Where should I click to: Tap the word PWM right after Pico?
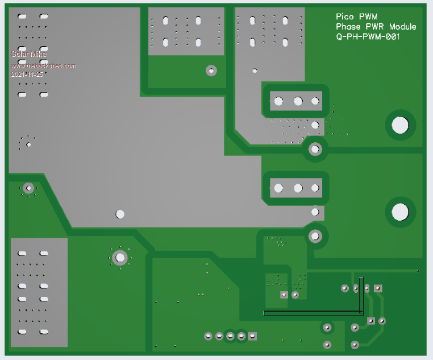(x=368, y=17)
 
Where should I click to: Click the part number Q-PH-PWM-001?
(x=368, y=36)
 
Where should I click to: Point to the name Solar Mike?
(x=28, y=54)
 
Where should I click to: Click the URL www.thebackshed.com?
(x=43, y=66)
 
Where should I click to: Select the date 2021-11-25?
(x=27, y=74)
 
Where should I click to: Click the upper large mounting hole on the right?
(x=400, y=125)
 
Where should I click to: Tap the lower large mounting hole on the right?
(x=400, y=212)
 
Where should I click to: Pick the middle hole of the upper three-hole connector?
(x=298, y=102)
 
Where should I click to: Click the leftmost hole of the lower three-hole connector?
(x=278, y=188)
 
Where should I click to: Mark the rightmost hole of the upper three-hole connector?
(x=315, y=102)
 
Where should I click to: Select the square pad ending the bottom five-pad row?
(x=253, y=336)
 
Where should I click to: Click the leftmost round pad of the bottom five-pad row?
(x=208, y=336)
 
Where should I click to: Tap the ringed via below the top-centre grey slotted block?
(x=211, y=71)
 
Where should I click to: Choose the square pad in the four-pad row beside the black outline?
(x=378, y=288)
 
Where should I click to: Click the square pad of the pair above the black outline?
(x=284, y=295)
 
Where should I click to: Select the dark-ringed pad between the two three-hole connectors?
(x=315, y=149)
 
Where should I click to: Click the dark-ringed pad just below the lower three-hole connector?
(x=315, y=235)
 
